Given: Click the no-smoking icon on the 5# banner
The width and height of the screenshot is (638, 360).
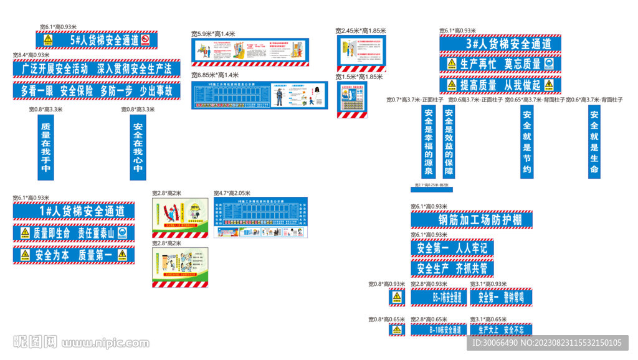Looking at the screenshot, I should tap(145, 40).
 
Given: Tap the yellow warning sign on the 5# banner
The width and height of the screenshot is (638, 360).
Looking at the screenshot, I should tap(48, 40).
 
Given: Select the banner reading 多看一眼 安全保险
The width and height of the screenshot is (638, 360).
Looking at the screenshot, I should tap(97, 90).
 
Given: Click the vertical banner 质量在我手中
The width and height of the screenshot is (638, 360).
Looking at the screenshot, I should tap(45, 147).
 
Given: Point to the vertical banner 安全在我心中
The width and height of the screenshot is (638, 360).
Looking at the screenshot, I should tap(138, 147).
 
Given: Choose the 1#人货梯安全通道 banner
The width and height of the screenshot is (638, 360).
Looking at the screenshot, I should tap(74, 211).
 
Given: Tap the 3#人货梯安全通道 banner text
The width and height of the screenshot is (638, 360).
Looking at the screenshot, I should tap(500, 44).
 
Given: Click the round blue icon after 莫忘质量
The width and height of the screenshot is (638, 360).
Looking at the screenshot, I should tap(548, 64).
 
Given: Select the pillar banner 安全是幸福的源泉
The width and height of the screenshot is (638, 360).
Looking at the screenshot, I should tap(428, 142).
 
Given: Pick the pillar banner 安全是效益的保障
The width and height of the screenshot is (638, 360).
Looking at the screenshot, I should tap(449, 142).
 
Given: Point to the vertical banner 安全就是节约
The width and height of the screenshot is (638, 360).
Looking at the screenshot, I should tap(526, 142).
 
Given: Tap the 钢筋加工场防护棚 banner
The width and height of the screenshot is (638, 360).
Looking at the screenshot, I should tap(471, 220).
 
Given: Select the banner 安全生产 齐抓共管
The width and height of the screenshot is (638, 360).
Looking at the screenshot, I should tap(452, 268).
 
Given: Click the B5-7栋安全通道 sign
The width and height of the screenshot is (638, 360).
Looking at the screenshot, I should tap(438, 298).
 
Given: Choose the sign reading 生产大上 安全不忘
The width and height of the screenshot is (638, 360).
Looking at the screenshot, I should tap(501, 329).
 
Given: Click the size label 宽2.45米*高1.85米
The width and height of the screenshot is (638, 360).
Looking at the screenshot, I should tap(360, 31).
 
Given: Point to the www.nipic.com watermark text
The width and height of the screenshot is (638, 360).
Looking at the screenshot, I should tap(105, 343).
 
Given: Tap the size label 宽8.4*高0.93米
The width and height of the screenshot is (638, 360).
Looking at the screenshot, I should tap(31, 55).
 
